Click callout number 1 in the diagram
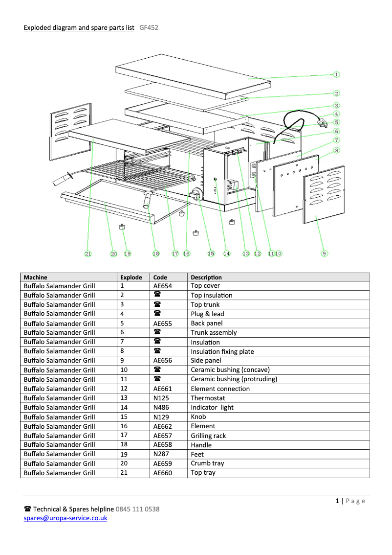(337, 74)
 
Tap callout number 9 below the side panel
(324, 253)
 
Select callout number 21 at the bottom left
(88, 254)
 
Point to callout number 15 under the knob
(211, 254)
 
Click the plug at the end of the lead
(323, 122)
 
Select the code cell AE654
(162, 286)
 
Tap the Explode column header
(131, 277)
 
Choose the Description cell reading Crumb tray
(207, 463)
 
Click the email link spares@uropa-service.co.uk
(65, 518)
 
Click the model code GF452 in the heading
(149, 28)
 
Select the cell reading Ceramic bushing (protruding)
(234, 379)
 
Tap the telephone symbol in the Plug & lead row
(157, 314)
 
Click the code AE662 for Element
(163, 426)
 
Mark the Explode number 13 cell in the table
(124, 398)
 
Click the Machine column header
(36, 277)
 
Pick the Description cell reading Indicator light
(212, 407)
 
